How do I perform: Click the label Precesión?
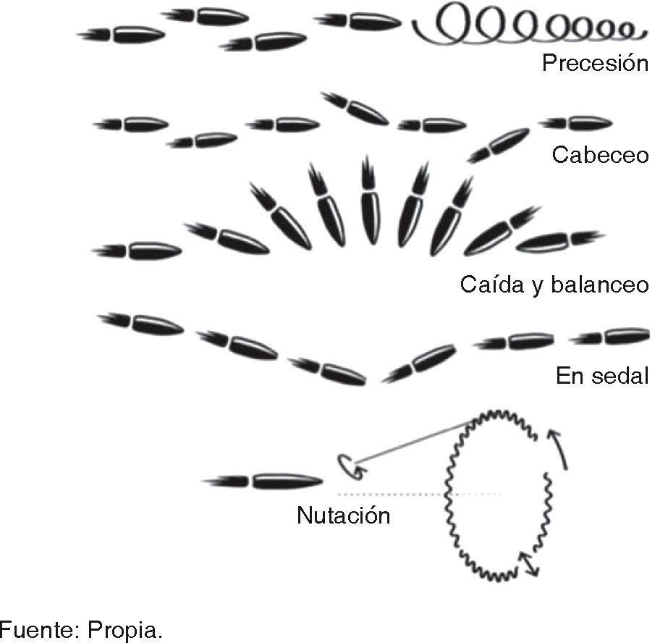(x=594, y=63)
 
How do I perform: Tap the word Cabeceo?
(x=599, y=155)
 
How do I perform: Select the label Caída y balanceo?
(x=554, y=285)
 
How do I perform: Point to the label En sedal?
(x=601, y=376)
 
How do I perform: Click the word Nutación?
(x=343, y=516)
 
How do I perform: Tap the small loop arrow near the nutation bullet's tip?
(x=347, y=465)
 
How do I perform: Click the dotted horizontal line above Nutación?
(x=420, y=495)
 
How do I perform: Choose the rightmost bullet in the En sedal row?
(x=608, y=335)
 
